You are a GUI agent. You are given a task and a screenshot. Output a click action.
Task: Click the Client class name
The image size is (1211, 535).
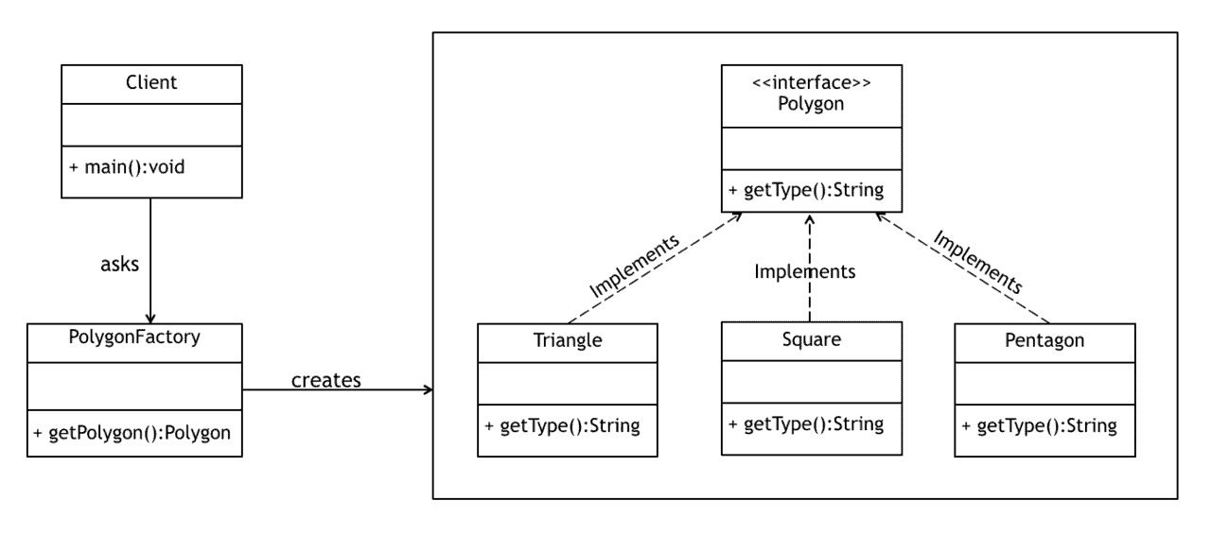pyautogui.click(x=151, y=82)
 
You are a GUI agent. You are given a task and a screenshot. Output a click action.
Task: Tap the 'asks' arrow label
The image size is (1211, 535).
pyautogui.click(x=119, y=265)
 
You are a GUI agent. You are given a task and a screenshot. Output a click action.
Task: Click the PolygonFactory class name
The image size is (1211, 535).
pyautogui.click(x=133, y=337)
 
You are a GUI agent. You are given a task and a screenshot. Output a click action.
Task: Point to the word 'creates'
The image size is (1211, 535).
pyautogui.click(x=326, y=380)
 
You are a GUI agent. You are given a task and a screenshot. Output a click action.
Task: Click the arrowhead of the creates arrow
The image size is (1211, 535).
pyautogui.click(x=428, y=389)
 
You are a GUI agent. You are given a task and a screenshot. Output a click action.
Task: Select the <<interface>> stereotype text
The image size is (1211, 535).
pyautogui.click(x=811, y=83)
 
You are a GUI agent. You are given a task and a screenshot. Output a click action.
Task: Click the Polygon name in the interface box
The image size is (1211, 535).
pyautogui.click(x=811, y=103)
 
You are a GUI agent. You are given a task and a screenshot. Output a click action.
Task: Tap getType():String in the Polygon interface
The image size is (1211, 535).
pyautogui.click(x=806, y=190)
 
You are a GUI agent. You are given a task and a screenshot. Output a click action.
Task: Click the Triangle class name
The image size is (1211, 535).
pyautogui.click(x=567, y=340)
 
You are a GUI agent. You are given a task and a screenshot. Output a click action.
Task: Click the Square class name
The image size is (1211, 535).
pyautogui.click(x=811, y=338)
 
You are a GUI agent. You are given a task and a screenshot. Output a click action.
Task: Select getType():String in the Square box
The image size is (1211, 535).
pyautogui.click(x=806, y=423)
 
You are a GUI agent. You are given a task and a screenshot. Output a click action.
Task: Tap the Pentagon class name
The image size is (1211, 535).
pyautogui.click(x=1044, y=339)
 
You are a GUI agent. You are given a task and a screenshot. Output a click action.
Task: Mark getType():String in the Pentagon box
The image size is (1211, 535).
pyautogui.click(x=1040, y=425)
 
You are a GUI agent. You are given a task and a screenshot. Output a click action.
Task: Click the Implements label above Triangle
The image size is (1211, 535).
pyautogui.click(x=633, y=266)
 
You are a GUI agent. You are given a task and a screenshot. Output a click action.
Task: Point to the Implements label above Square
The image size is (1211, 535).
pyautogui.click(x=804, y=271)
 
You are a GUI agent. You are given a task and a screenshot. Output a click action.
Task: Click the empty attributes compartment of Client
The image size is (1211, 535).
pyautogui.click(x=151, y=125)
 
